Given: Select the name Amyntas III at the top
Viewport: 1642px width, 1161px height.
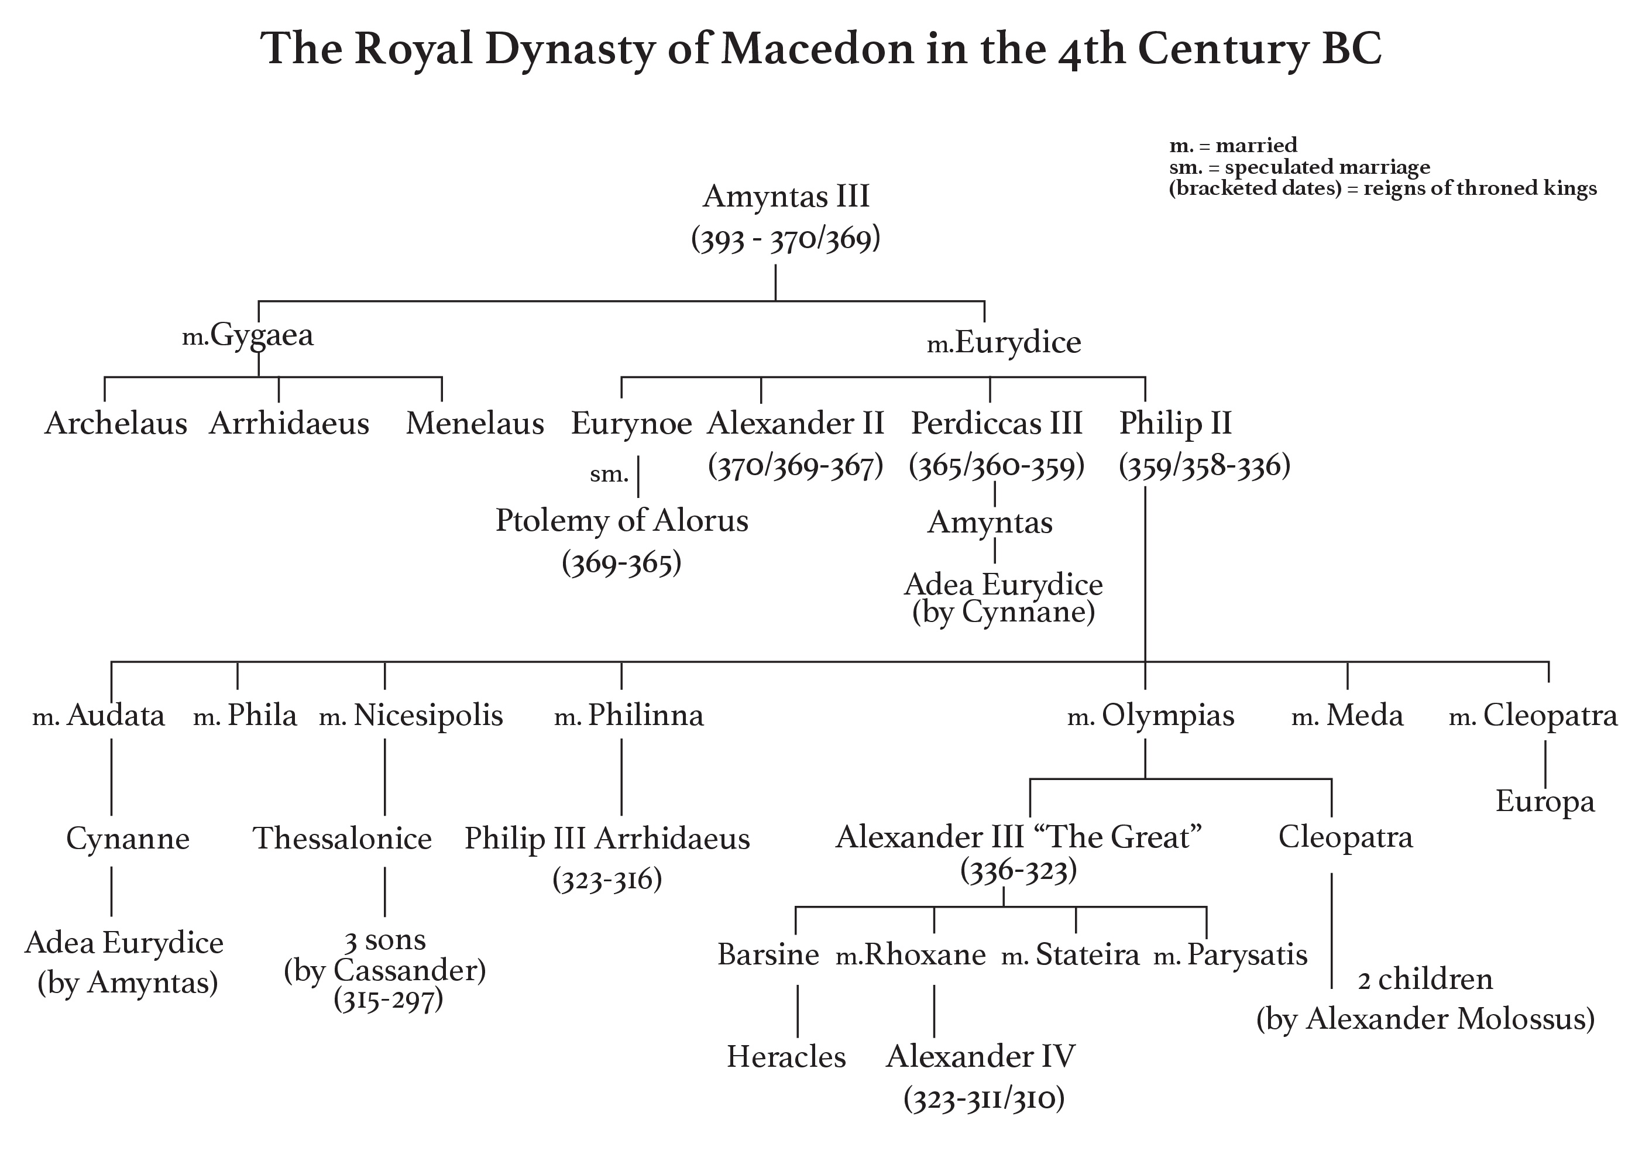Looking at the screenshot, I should [786, 196].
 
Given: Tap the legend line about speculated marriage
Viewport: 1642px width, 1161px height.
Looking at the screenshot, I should [1300, 167].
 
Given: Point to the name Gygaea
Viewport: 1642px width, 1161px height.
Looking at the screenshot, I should [262, 335].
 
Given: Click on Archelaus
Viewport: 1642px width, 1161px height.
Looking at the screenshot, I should [116, 424].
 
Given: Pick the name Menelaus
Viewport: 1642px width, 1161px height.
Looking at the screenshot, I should [475, 424].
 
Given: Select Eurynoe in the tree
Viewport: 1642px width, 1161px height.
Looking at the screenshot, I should [631, 424].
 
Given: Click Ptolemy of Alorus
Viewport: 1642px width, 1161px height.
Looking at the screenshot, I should [621, 521].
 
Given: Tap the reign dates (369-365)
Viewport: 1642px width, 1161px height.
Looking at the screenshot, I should [621, 564].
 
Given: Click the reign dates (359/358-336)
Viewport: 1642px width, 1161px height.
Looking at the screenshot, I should [1204, 466].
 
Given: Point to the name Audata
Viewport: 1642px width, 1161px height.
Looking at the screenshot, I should [115, 715].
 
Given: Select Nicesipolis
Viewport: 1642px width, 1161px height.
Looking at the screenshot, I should [428, 715].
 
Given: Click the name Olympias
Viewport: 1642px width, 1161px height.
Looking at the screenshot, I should [1167, 715].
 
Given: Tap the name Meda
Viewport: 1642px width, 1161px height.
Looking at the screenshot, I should [1365, 715].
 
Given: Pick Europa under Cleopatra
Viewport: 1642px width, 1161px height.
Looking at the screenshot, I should [1545, 801].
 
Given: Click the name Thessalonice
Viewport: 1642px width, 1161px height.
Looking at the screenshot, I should [342, 839].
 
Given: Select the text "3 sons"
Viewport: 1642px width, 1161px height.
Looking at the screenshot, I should [385, 940].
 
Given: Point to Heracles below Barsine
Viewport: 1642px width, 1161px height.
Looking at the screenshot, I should [786, 1057].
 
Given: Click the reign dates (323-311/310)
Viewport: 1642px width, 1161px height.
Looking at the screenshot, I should [984, 1099].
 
